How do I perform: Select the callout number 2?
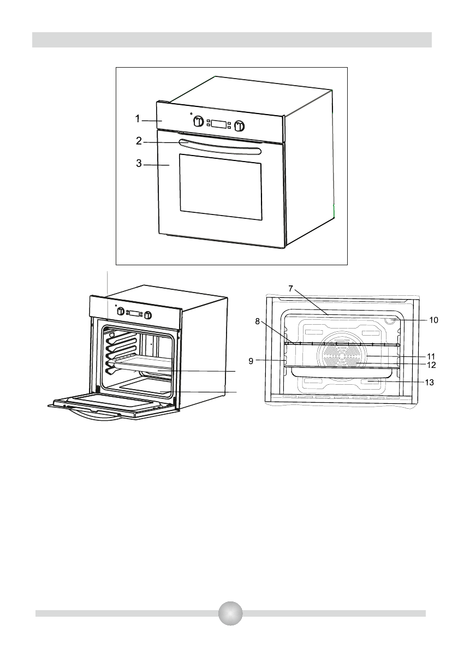139,141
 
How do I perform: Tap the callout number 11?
431,355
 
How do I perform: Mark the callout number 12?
431,364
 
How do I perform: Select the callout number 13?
431,383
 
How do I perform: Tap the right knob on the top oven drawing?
239,127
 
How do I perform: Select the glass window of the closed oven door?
220,187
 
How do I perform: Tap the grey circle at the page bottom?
230,613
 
